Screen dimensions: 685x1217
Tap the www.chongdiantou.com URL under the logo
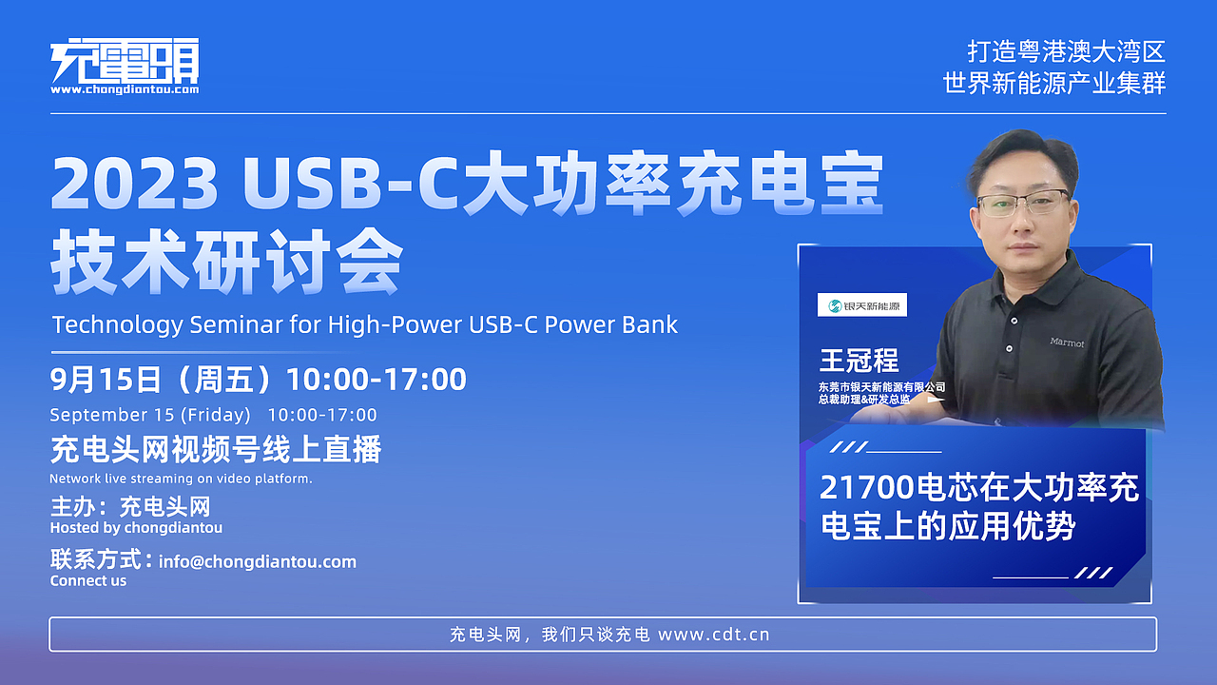pos(125,89)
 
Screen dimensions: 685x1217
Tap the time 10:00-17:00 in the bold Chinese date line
pos(377,380)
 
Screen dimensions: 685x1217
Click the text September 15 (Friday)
pos(150,415)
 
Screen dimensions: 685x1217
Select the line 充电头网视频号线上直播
pos(216,449)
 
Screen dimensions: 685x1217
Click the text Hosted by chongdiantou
pos(136,527)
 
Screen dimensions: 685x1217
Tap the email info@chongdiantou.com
pos(258,561)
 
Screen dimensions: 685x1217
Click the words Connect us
pos(88,580)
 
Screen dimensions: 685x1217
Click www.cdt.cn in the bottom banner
pos(713,635)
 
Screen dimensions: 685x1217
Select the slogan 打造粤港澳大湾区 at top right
pos(1066,51)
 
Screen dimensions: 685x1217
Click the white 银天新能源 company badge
pos(862,305)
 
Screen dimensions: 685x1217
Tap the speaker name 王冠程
pos(859,361)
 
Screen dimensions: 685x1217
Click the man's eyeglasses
pos(1023,203)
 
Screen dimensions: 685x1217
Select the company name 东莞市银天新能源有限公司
pos(881,387)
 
